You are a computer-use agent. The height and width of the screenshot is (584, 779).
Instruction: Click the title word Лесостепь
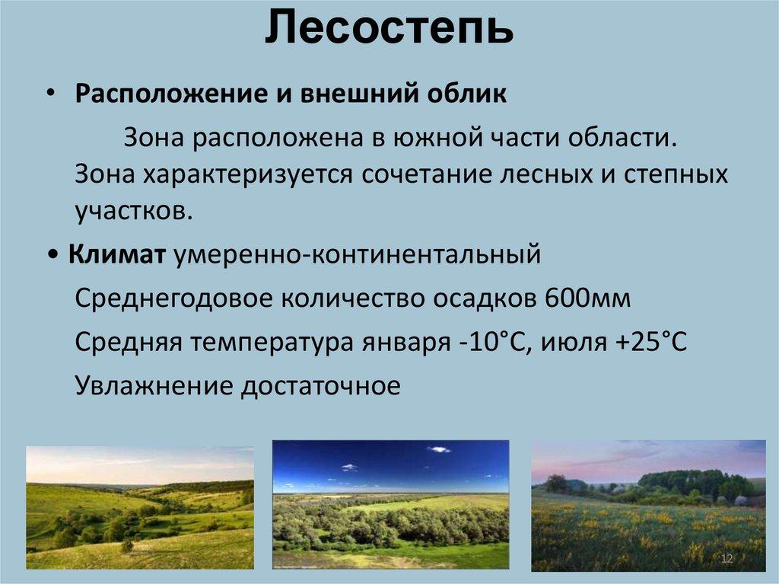[389, 28]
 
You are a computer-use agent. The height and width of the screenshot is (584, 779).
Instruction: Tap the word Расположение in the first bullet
[170, 94]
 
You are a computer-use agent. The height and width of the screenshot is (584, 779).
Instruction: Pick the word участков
[133, 211]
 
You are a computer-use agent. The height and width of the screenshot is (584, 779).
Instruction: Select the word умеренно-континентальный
[357, 255]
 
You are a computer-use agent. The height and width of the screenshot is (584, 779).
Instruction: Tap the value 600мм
[588, 298]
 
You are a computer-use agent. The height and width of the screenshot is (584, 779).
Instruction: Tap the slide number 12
[727, 559]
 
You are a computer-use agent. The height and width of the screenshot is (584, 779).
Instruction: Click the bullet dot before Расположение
[50, 94]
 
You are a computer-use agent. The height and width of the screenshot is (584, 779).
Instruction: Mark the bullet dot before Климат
[54, 255]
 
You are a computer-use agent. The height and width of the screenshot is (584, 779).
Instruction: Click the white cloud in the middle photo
[438, 450]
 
